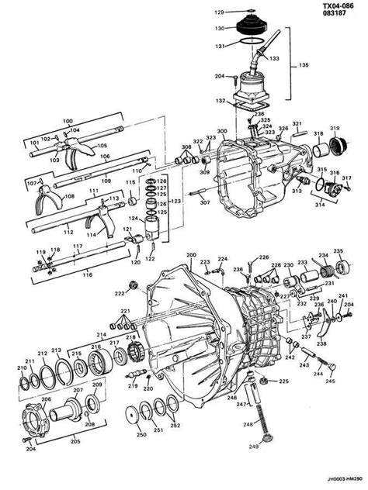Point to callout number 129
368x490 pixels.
[219, 12]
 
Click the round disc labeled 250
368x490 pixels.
[141, 419]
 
